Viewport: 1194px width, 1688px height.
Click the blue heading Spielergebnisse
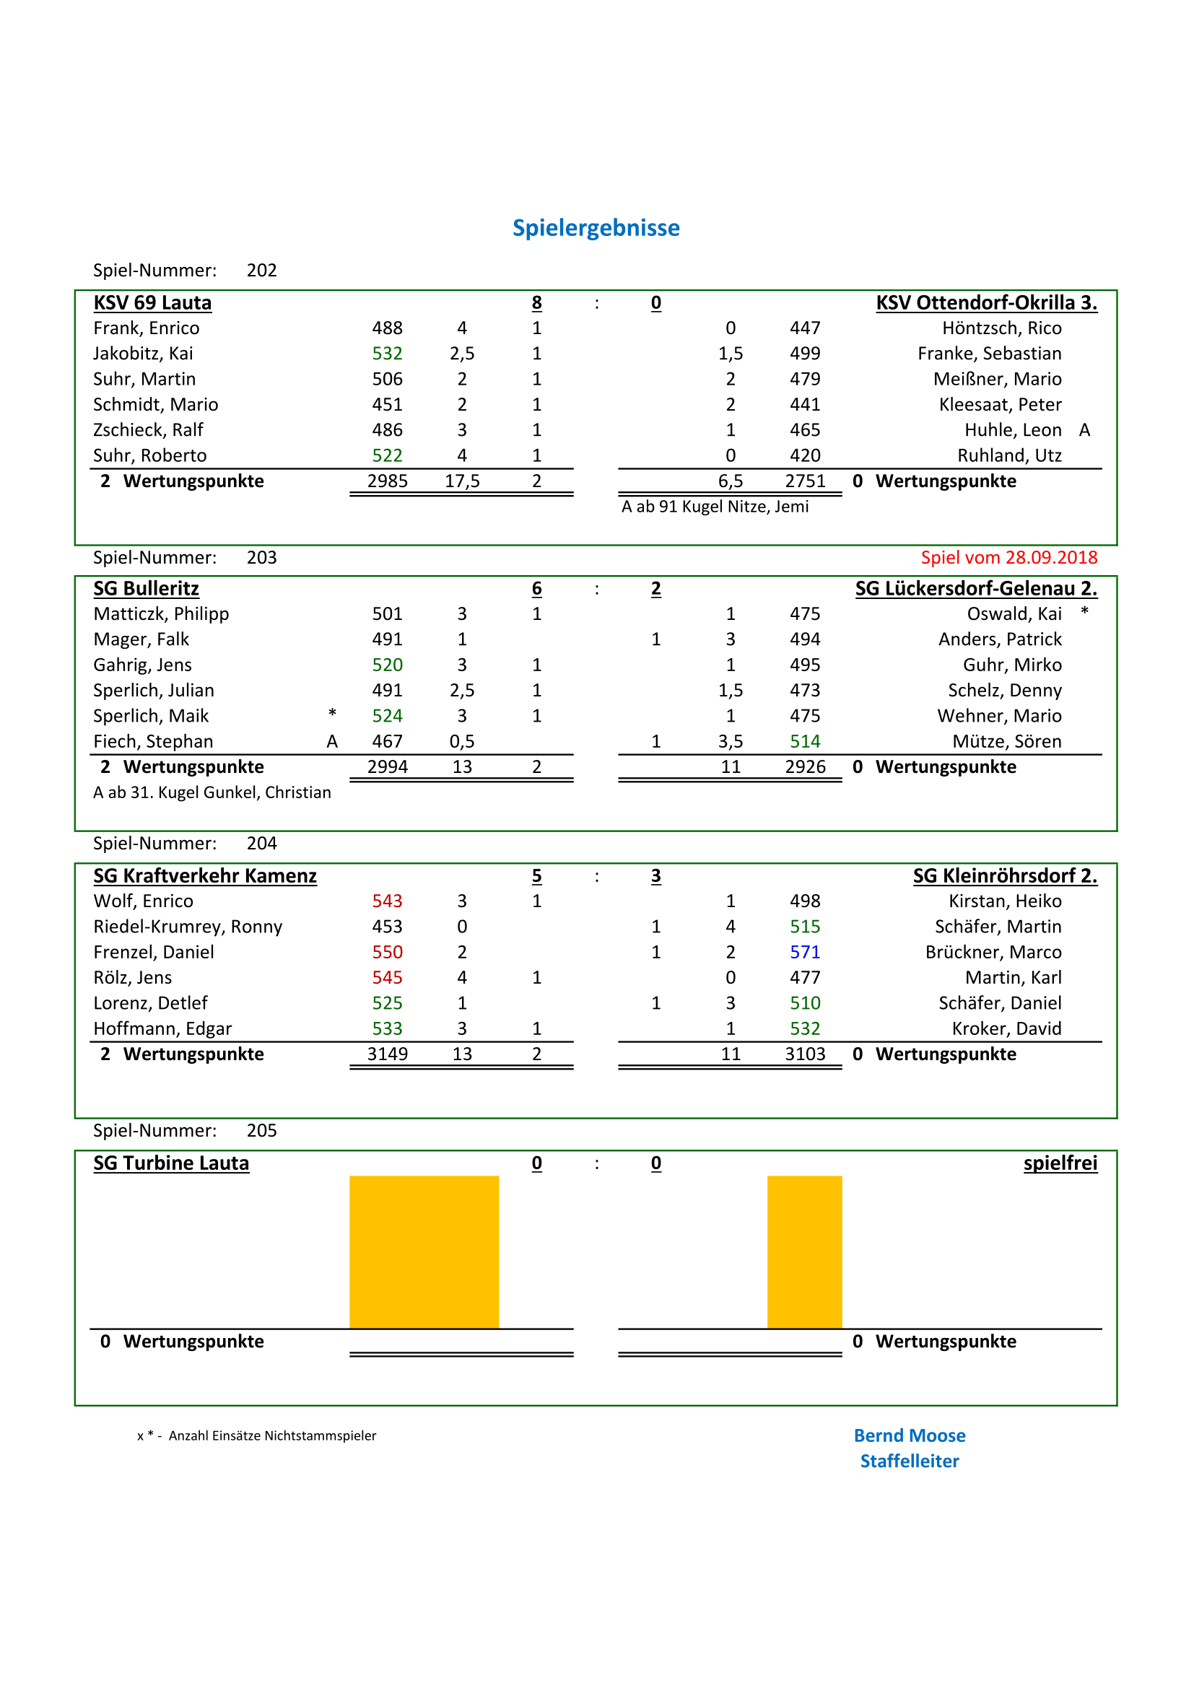point(596,228)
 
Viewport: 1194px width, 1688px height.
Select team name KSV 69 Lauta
point(152,303)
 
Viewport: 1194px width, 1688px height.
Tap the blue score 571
point(804,952)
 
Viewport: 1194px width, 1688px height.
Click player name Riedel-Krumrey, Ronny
point(188,927)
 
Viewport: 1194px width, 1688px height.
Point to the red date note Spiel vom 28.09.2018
point(1008,557)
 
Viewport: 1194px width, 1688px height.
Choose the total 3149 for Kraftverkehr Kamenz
point(388,1054)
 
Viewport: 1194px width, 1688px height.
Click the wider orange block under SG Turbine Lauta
point(424,1251)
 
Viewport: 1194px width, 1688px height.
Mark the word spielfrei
point(1060,1163)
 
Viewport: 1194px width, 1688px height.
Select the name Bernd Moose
point(910,1435)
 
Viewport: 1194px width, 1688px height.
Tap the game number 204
point(262,843)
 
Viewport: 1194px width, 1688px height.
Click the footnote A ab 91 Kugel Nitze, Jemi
point(715,507)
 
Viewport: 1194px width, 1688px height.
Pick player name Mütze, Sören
point(1006,741)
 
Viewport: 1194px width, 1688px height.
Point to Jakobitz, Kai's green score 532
point(388,354)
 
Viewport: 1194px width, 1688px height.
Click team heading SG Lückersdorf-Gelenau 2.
point(976,589)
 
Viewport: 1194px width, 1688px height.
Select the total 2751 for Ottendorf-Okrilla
point(805,481)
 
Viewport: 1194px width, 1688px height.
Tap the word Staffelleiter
point(910,1461)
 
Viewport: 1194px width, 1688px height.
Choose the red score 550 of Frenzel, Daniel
point(388,952)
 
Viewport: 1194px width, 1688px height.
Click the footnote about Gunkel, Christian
point(212,792)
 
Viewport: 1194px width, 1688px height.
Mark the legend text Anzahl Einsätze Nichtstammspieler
point(272,1436)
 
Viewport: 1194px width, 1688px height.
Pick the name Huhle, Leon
point(1012,430)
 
